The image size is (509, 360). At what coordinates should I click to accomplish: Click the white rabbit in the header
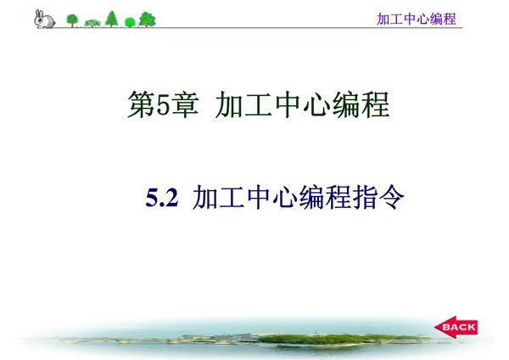tap(43, 19)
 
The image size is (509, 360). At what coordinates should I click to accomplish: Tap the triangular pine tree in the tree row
tap(111, 19)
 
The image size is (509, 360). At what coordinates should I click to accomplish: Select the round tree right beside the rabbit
tap(72, 20)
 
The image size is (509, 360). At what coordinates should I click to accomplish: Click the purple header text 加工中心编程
tap(416, 19)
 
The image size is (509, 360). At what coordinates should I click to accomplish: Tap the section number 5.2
tap(160, 199)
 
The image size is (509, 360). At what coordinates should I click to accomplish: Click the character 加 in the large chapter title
tap(230, 105)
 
